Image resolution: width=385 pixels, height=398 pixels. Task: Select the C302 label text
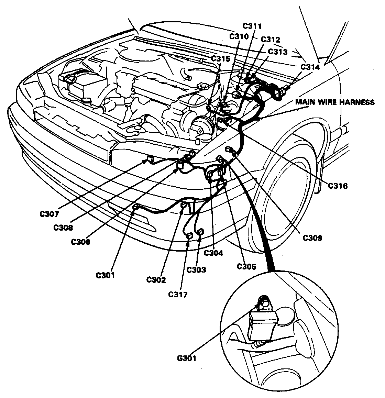click(x=156, y=280)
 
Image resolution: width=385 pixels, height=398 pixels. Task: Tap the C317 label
click(x=178, y=295)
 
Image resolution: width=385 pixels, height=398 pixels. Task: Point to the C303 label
click(x=196, y=269)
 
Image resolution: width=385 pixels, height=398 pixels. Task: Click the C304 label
click(x=213, y=253)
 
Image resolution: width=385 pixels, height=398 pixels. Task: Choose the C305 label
click(x=247, y=266)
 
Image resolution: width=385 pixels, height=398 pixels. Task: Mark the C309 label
click(x=312, y=237)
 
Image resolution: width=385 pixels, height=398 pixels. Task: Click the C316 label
click(x=338, y=186)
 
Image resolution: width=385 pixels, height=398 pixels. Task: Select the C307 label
click(x=49, y=214)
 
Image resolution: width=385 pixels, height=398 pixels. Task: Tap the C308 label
click(x=63, y=227)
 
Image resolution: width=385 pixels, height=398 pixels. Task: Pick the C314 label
click(x=310, y=67)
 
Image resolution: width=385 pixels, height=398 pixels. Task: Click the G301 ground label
click(x=185, y=358)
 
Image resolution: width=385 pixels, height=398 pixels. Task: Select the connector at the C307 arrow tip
click(x=150, y=159)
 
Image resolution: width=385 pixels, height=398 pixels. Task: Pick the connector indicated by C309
click(x=230, y=150)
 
